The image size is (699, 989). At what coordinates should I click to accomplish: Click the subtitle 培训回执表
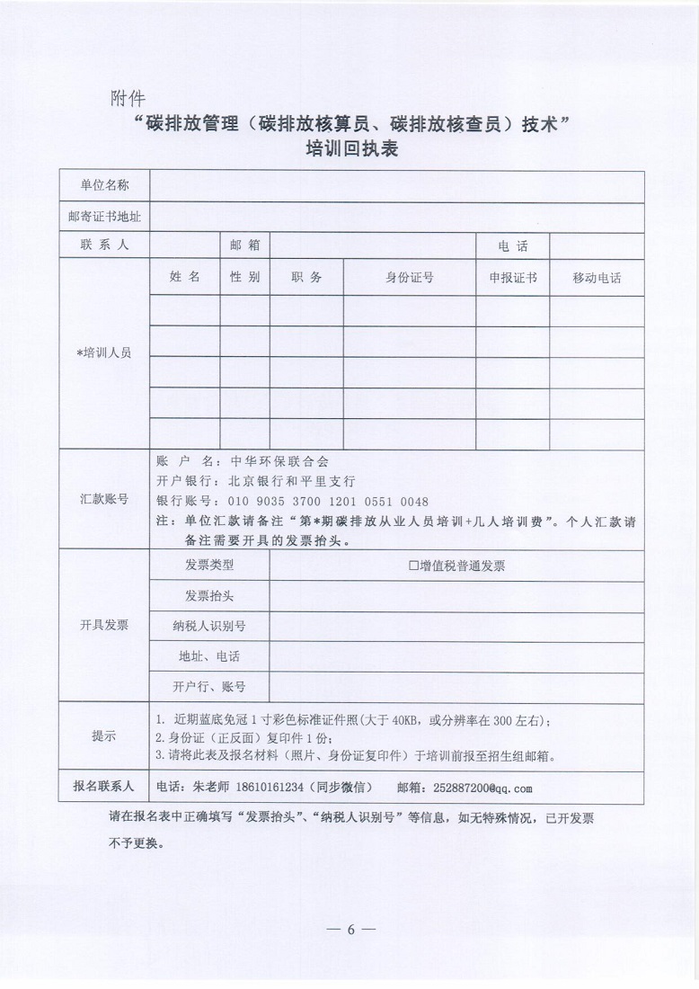pyautogui.click(x=349, y=150)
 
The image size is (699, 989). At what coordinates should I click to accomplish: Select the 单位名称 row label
pyautogui.click(x=104, y=186)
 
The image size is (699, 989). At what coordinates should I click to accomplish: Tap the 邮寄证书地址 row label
pyautogui.click(x=104, y=217)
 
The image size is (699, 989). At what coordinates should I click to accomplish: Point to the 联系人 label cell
pyautogui.click(x=104, y=245)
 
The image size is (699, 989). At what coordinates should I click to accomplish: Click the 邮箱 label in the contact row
pyautogui.click(x=244, y=245)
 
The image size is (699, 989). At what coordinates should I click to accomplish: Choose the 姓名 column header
pyautogui.click(x=185, y=277)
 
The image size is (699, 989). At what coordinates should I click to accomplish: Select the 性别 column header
pyautogui.click(x=244, y=277)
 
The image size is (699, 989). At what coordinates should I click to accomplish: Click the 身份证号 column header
pyautogui.click(x=410, y=278)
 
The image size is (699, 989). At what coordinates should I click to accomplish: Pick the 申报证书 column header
pyautogui.click(x=513, y=278)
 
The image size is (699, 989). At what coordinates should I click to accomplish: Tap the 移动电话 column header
pyautogui.click(x=597, y=278)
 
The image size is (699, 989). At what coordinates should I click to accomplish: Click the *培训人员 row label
pyautogui.click(x=104, y=353)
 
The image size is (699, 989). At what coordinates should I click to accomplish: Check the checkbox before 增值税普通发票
pyautogui.click(x=414, y=566)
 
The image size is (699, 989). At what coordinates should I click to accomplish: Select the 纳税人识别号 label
pyautogui.click(x=209, y=626)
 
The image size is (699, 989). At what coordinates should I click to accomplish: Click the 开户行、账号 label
pyautogui.click(x=209, y=687)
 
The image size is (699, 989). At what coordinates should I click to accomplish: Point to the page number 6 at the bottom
pyautogui.click(x=350, y=929)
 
